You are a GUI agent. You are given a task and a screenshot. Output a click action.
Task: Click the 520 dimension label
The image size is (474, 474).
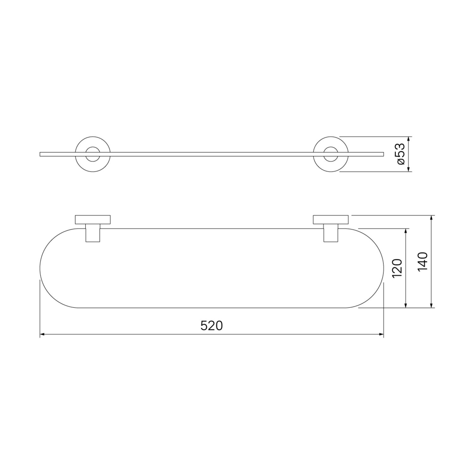click(x=212, y=325)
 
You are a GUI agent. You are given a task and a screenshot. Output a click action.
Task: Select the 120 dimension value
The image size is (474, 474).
click(x=397, y=268)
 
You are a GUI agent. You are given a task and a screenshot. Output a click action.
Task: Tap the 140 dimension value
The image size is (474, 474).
click(x=422, y=261)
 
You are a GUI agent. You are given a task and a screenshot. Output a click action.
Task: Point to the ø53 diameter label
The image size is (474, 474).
click(x=400, y=154)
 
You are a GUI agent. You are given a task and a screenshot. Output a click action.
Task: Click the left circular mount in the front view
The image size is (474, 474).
click(x=93, y=137)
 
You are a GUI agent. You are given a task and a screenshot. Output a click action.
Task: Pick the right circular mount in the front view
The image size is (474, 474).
click(x=331, y=137)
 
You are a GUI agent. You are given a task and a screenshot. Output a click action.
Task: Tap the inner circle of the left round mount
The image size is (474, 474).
click(x=93, y=147)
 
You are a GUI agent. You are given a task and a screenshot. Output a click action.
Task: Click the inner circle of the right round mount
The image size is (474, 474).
click(x=331, y=147)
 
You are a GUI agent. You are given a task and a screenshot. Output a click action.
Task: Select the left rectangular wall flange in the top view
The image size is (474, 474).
click(x=93, y=220)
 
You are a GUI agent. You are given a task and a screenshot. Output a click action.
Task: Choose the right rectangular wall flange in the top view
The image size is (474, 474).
click(x=331, y=220)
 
